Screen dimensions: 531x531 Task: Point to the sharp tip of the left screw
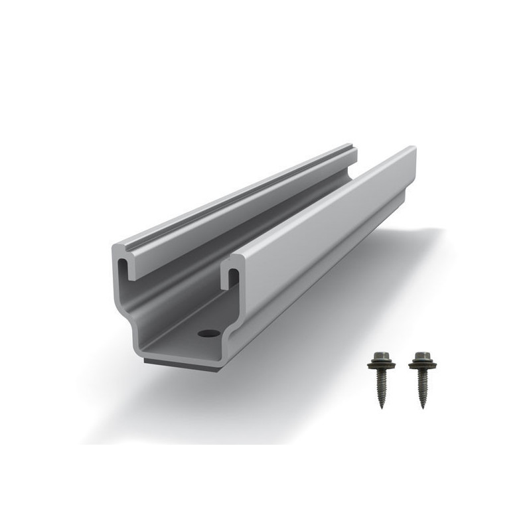click(x=384, y=406)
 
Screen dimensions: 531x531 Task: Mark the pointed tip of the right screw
click(x=422, y=406)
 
